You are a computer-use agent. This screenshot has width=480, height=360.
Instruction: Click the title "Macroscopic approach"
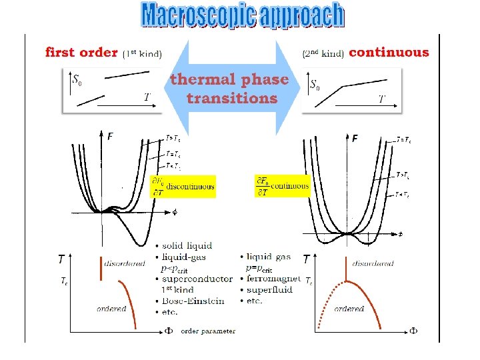coord(243,15)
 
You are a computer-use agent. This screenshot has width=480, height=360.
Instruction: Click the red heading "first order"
coord(81,52)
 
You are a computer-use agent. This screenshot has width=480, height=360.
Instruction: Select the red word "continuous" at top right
coord(389,51)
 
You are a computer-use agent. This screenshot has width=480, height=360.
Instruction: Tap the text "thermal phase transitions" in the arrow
coord(230,89)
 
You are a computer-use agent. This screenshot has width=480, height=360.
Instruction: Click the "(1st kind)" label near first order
coord(142,53)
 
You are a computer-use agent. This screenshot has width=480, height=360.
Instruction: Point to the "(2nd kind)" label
coord(323,53)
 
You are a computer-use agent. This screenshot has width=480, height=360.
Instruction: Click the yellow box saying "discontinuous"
coord(183,187)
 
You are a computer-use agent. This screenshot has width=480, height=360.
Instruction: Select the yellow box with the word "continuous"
coord(283,186)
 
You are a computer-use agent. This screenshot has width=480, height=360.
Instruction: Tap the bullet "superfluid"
coord(268,289)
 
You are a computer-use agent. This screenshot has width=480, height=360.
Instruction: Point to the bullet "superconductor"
coord(197,279)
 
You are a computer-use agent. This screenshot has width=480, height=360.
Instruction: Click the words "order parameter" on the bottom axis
coord(208,331)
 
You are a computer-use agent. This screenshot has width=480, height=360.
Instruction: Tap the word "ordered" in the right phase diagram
coord(349,309)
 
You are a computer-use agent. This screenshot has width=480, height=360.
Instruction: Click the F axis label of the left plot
coord(110,137)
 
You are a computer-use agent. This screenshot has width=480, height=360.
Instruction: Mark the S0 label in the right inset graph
coord(315,85)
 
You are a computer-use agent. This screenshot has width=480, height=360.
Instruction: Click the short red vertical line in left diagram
coord(101,267)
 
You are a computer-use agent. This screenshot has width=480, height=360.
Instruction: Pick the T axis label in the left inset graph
coord(147,97)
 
